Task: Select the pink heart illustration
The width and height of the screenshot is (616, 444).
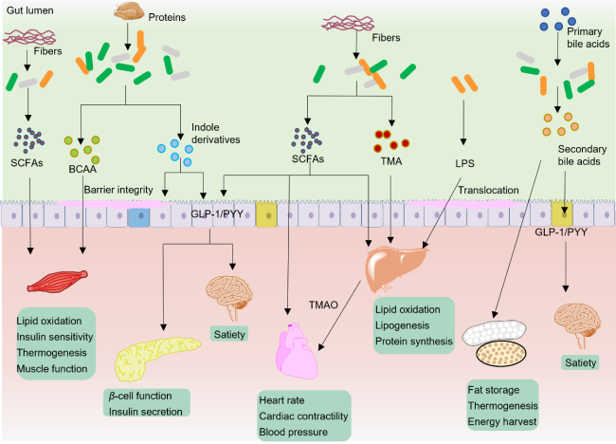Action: coord(306,346)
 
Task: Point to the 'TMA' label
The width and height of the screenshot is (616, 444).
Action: coord(390,159)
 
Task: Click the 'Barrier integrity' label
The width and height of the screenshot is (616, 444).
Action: coord(118,190)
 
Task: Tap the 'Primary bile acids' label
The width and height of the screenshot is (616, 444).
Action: coord(579,39)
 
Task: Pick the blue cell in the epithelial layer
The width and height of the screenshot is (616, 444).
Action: coord(138,217)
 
